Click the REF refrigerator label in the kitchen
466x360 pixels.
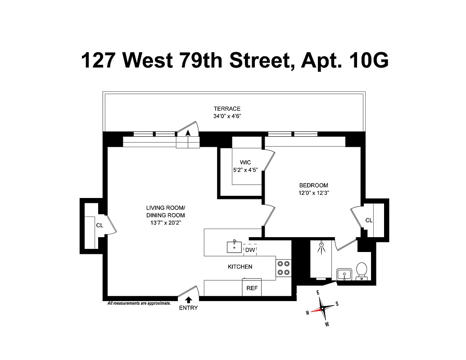252,288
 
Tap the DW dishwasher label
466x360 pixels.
250,250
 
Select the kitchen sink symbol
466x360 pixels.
234,247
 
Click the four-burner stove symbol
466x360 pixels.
284,268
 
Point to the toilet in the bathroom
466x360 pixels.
361,271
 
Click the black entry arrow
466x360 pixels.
188,299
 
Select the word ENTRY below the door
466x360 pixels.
188,308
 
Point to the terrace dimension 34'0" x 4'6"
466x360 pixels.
227,116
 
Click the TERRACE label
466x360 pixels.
227,108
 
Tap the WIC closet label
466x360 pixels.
245,162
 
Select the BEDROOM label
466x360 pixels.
314,185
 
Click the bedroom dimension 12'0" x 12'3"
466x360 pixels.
314,193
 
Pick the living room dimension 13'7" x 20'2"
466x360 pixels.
166,222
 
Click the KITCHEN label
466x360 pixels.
240,267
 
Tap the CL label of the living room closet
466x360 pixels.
100,225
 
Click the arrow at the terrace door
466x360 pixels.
188,132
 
